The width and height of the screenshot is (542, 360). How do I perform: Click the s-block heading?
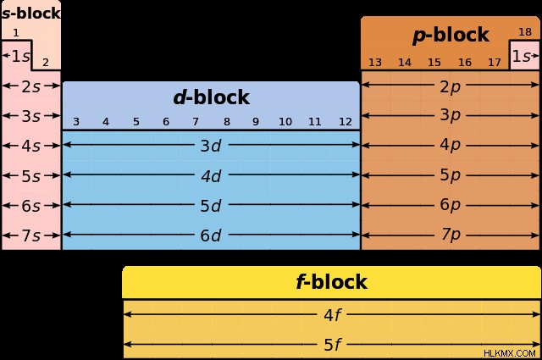coord(31,14)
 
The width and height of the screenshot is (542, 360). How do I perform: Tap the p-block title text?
coord(451,36)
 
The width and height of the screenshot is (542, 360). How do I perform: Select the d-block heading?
coord(211,97)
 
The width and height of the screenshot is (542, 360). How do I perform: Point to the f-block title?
coord(331,281)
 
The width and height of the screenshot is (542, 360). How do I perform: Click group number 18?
coord(525,32)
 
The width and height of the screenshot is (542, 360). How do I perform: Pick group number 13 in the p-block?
coord(375,62)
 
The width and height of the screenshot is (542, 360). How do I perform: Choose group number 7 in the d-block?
coord(196,122)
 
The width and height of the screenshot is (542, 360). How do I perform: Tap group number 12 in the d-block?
coord(346,122)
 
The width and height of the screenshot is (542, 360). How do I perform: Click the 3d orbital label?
coord(211,146)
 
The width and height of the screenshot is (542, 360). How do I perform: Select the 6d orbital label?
coord(211,235)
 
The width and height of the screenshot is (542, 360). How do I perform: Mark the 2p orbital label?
coord(450,86)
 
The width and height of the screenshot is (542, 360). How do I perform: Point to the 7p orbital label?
coord(450,235)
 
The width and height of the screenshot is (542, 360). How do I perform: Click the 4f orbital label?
coord(333,315)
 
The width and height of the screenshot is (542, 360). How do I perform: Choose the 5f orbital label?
coord(333,345)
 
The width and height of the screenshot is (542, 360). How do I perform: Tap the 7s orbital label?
coord(31,235)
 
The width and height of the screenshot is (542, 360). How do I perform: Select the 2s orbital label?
coord(31,86)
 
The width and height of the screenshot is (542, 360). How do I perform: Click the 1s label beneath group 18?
coord(521,56)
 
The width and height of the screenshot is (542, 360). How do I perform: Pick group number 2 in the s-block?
coord(45,62)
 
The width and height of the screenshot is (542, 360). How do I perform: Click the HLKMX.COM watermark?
coord(510,353)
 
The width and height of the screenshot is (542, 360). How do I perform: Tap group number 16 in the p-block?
coord(465,62)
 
